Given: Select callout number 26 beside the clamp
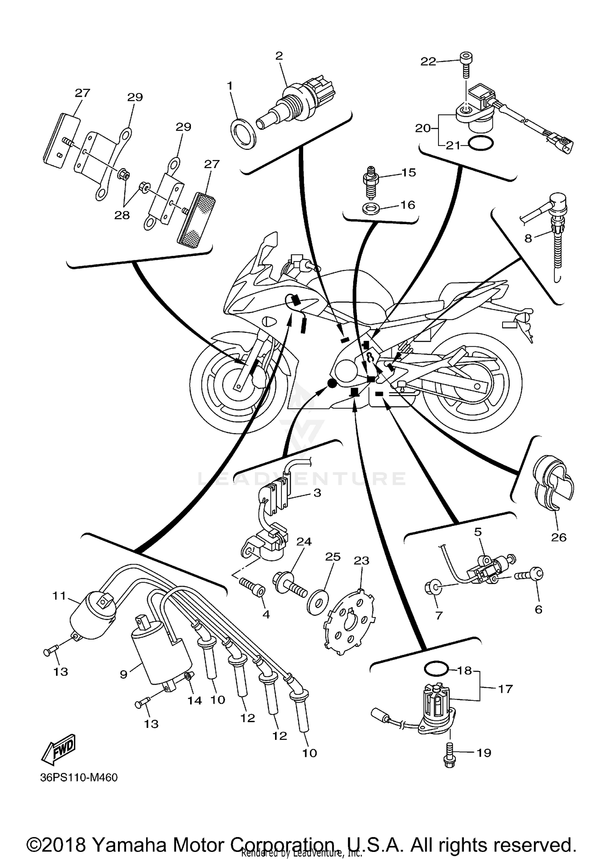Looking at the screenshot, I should click(558, 537).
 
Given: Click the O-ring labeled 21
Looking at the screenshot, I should click(480, 144).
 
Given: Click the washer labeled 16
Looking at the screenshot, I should click(370, 209).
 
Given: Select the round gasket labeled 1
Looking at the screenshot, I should click(243, 133).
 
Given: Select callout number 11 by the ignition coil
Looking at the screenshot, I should click(59, 595).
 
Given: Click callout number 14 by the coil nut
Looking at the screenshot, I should click(194, 700).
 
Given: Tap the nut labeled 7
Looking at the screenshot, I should click(430, 589).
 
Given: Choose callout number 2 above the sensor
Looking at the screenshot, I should click(279, 56).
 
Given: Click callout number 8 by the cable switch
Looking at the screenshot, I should click(528, 238).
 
